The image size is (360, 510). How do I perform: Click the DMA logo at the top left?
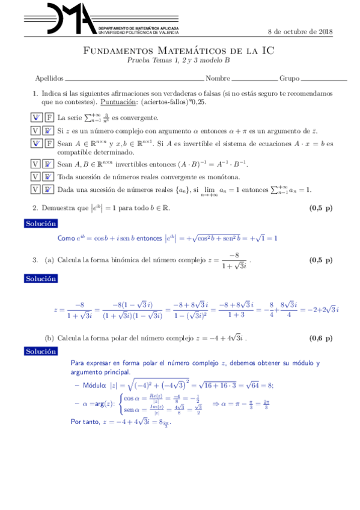[60, 18]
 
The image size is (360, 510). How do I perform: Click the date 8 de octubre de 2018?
[300, 32]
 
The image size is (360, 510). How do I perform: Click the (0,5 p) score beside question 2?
[320, 208]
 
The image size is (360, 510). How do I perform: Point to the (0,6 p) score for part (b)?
[320, 338]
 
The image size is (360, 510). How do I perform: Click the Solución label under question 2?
[41, 224]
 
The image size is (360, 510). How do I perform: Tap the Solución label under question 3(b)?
[41, 351]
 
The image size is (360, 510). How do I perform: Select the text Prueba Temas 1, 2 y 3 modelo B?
[178, 61]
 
